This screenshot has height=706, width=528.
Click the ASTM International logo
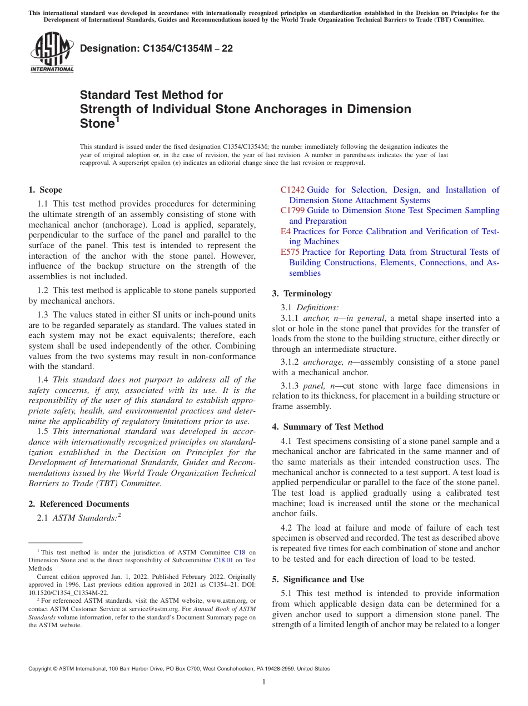pos(52,53)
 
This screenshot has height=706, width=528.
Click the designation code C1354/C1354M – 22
pos(156,49)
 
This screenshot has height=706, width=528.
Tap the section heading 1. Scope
pos(46,190)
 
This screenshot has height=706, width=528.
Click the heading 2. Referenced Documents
pos(79,504)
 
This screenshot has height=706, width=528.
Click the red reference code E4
pos(286,231)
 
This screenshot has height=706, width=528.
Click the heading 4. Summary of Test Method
pos(327,427)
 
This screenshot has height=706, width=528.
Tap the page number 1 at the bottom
pos(264,682)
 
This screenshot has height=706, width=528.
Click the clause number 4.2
pos(287,528)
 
